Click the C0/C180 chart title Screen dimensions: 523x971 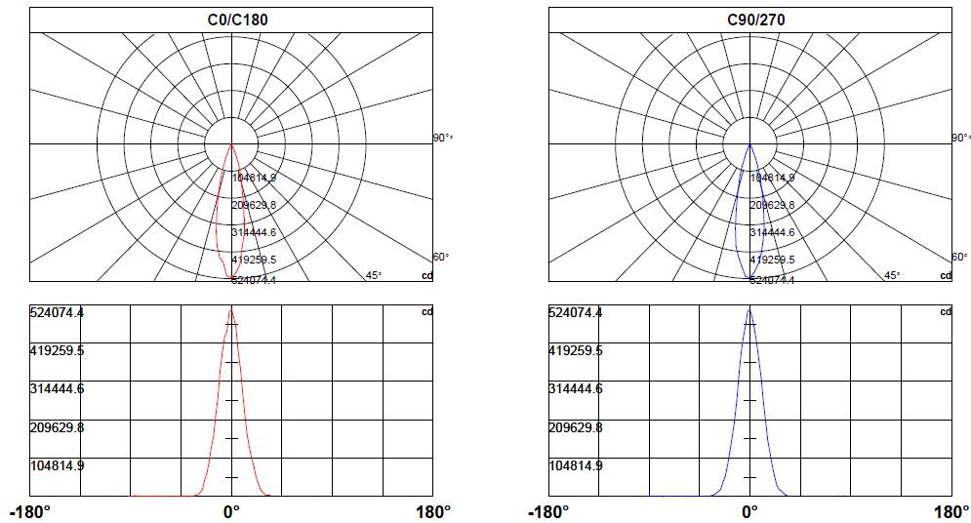click(x=231, y=20)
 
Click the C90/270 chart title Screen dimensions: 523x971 click(x=749, y=20)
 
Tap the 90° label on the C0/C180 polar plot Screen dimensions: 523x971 click(x=442, y=139)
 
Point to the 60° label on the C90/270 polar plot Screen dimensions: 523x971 click(x=960, y=258)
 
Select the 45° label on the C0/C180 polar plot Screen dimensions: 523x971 click(x=374, y=275)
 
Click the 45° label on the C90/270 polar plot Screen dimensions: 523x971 click(x=892, y=275)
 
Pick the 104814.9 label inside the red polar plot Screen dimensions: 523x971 click(x=254, y=178)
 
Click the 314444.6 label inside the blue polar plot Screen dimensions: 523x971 click(x=772, y=232)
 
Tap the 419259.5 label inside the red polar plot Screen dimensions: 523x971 click(x=254, y=260)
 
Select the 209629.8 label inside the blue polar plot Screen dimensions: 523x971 click(x=772, y=205)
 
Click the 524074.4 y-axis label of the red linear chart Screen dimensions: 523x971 click(x=57, y=312)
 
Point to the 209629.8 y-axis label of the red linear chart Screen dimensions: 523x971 click(x=57, y=427)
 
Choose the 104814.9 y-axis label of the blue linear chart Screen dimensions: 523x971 click(x=576, y=465)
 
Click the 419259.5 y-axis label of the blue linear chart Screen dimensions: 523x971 click(x=576, y=350)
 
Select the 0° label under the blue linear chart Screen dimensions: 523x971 click(x=749, y=512)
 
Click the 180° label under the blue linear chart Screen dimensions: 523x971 click(x=951, y=512)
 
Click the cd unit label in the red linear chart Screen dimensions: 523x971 click(x=425, y=312)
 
